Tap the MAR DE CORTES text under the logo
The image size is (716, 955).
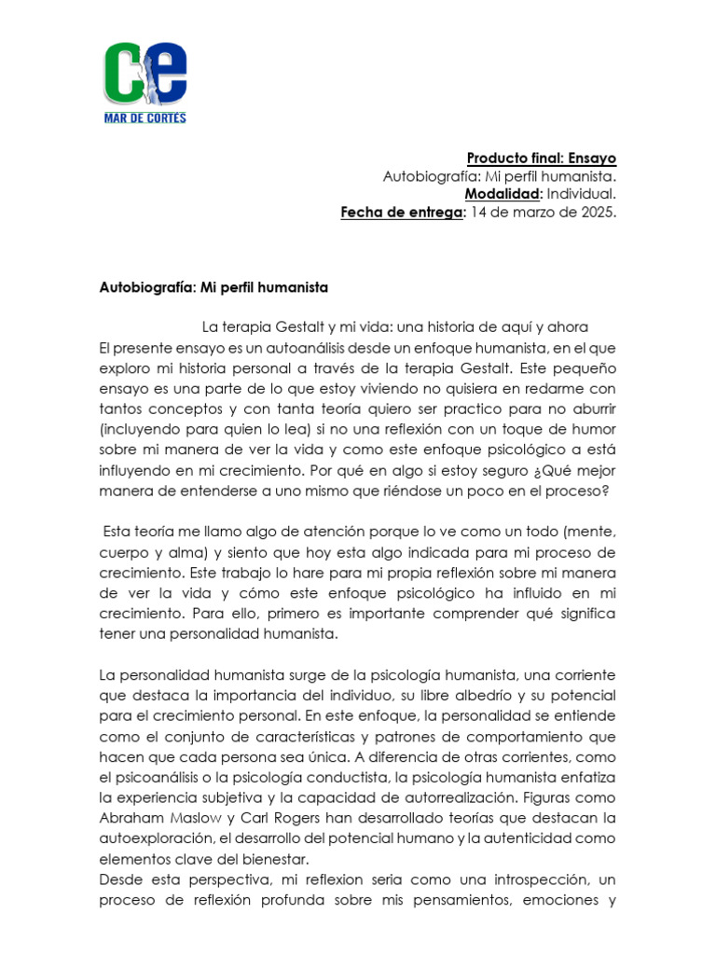point(145,118)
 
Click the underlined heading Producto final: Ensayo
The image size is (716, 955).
point(541,159)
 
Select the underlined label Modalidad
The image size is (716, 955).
point(503,194)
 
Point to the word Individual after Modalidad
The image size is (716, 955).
point(580,194)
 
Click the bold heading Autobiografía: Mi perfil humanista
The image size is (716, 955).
point(213,288)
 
